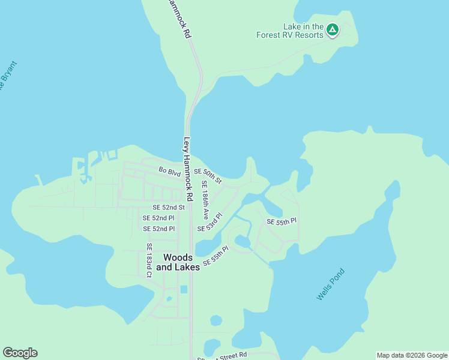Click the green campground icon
click(332, 29)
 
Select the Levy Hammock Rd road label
click(188, 170)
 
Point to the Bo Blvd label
click(169, 172)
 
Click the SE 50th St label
click(208, 176)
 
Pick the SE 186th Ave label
click(205, 200)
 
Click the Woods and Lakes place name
click(178, 262)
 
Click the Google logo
click(20, 353)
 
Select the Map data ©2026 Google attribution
click(412, 355)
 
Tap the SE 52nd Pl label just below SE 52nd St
click(158, 218)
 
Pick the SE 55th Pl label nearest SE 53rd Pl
click(215, 256)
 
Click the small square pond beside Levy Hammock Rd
click(183, 289)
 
